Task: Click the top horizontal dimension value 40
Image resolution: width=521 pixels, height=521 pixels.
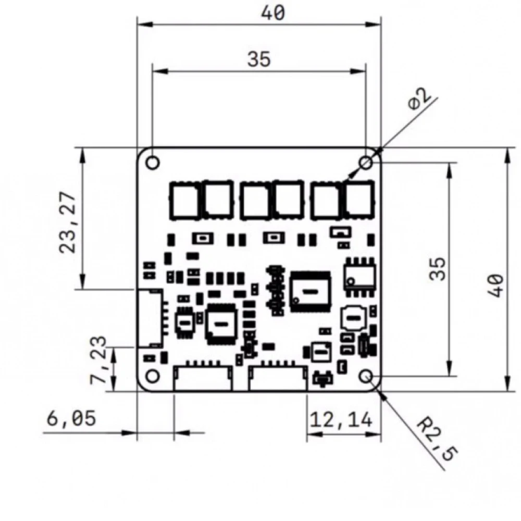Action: point(274,13)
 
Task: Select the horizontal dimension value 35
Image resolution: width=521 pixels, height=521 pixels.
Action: point(259,59)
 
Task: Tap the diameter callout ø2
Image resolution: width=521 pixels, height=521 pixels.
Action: point(420,100)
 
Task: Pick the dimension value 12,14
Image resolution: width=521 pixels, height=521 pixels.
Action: point(342,419)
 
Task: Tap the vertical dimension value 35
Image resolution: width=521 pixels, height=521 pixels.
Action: point(440,268)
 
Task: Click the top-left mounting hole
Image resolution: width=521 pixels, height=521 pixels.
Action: point(153,163)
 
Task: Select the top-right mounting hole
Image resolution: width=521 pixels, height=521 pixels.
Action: point(366,163)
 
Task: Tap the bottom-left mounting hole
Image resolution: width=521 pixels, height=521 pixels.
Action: point(153,376)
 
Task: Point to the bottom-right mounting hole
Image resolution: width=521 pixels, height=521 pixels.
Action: point(366,376)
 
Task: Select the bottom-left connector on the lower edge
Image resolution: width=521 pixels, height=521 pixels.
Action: point(203,378)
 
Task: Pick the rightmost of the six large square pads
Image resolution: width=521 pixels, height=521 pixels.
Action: point(359,199)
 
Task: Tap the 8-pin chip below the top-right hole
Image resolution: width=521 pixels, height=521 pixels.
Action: point(358,272)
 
